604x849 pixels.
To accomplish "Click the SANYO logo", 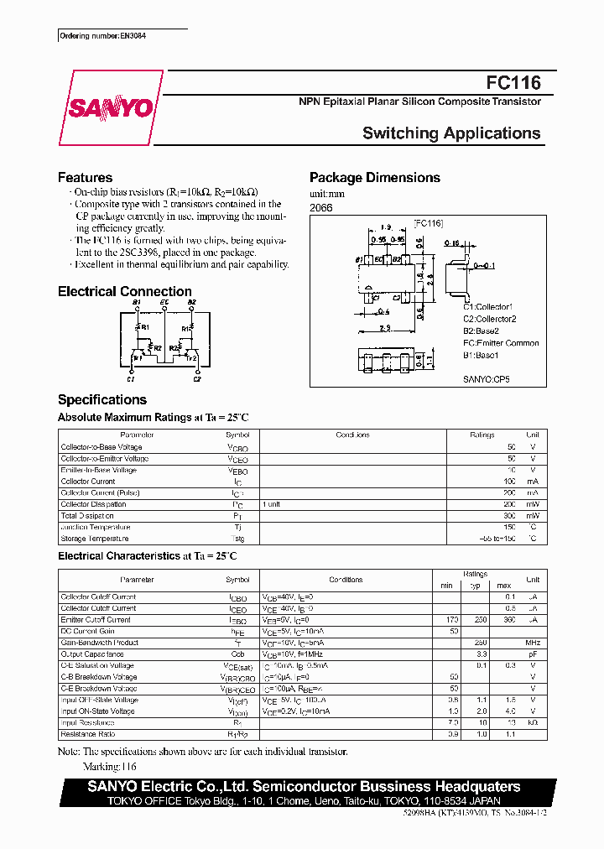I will click(x=110, y=108).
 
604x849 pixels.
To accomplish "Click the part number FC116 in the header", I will click(x=513, y=82).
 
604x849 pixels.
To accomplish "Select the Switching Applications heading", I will click(x=450, y=133).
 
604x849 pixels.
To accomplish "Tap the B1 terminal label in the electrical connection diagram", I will click(x=137, y=301).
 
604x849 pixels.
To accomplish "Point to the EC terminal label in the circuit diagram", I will click(x=164, y=301).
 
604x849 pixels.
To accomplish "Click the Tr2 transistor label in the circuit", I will click(x=191, y=358).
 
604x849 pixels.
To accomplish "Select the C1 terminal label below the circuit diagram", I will click(x=136, y=379).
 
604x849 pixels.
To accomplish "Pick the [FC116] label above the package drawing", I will click(x=428, y=223).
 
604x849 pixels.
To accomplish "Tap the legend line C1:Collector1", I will click(x=487, y=307).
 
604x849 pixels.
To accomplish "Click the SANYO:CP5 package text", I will click(x=487, y=379).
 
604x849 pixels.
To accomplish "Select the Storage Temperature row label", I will click(x=95, y=539).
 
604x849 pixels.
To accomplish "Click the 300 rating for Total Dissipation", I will click(x=510, y=516).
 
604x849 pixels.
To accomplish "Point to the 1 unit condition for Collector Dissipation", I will click(x=272, y=504).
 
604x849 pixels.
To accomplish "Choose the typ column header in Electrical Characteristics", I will click(x=475, y=585).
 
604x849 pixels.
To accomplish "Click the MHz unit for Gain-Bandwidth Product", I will click(x=532, y=643).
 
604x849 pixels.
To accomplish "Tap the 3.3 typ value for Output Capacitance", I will click(x=482, y=654).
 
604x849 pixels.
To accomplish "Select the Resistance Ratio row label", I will click(x=89, y=734).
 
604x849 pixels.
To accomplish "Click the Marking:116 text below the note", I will click(x=110, y=767).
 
